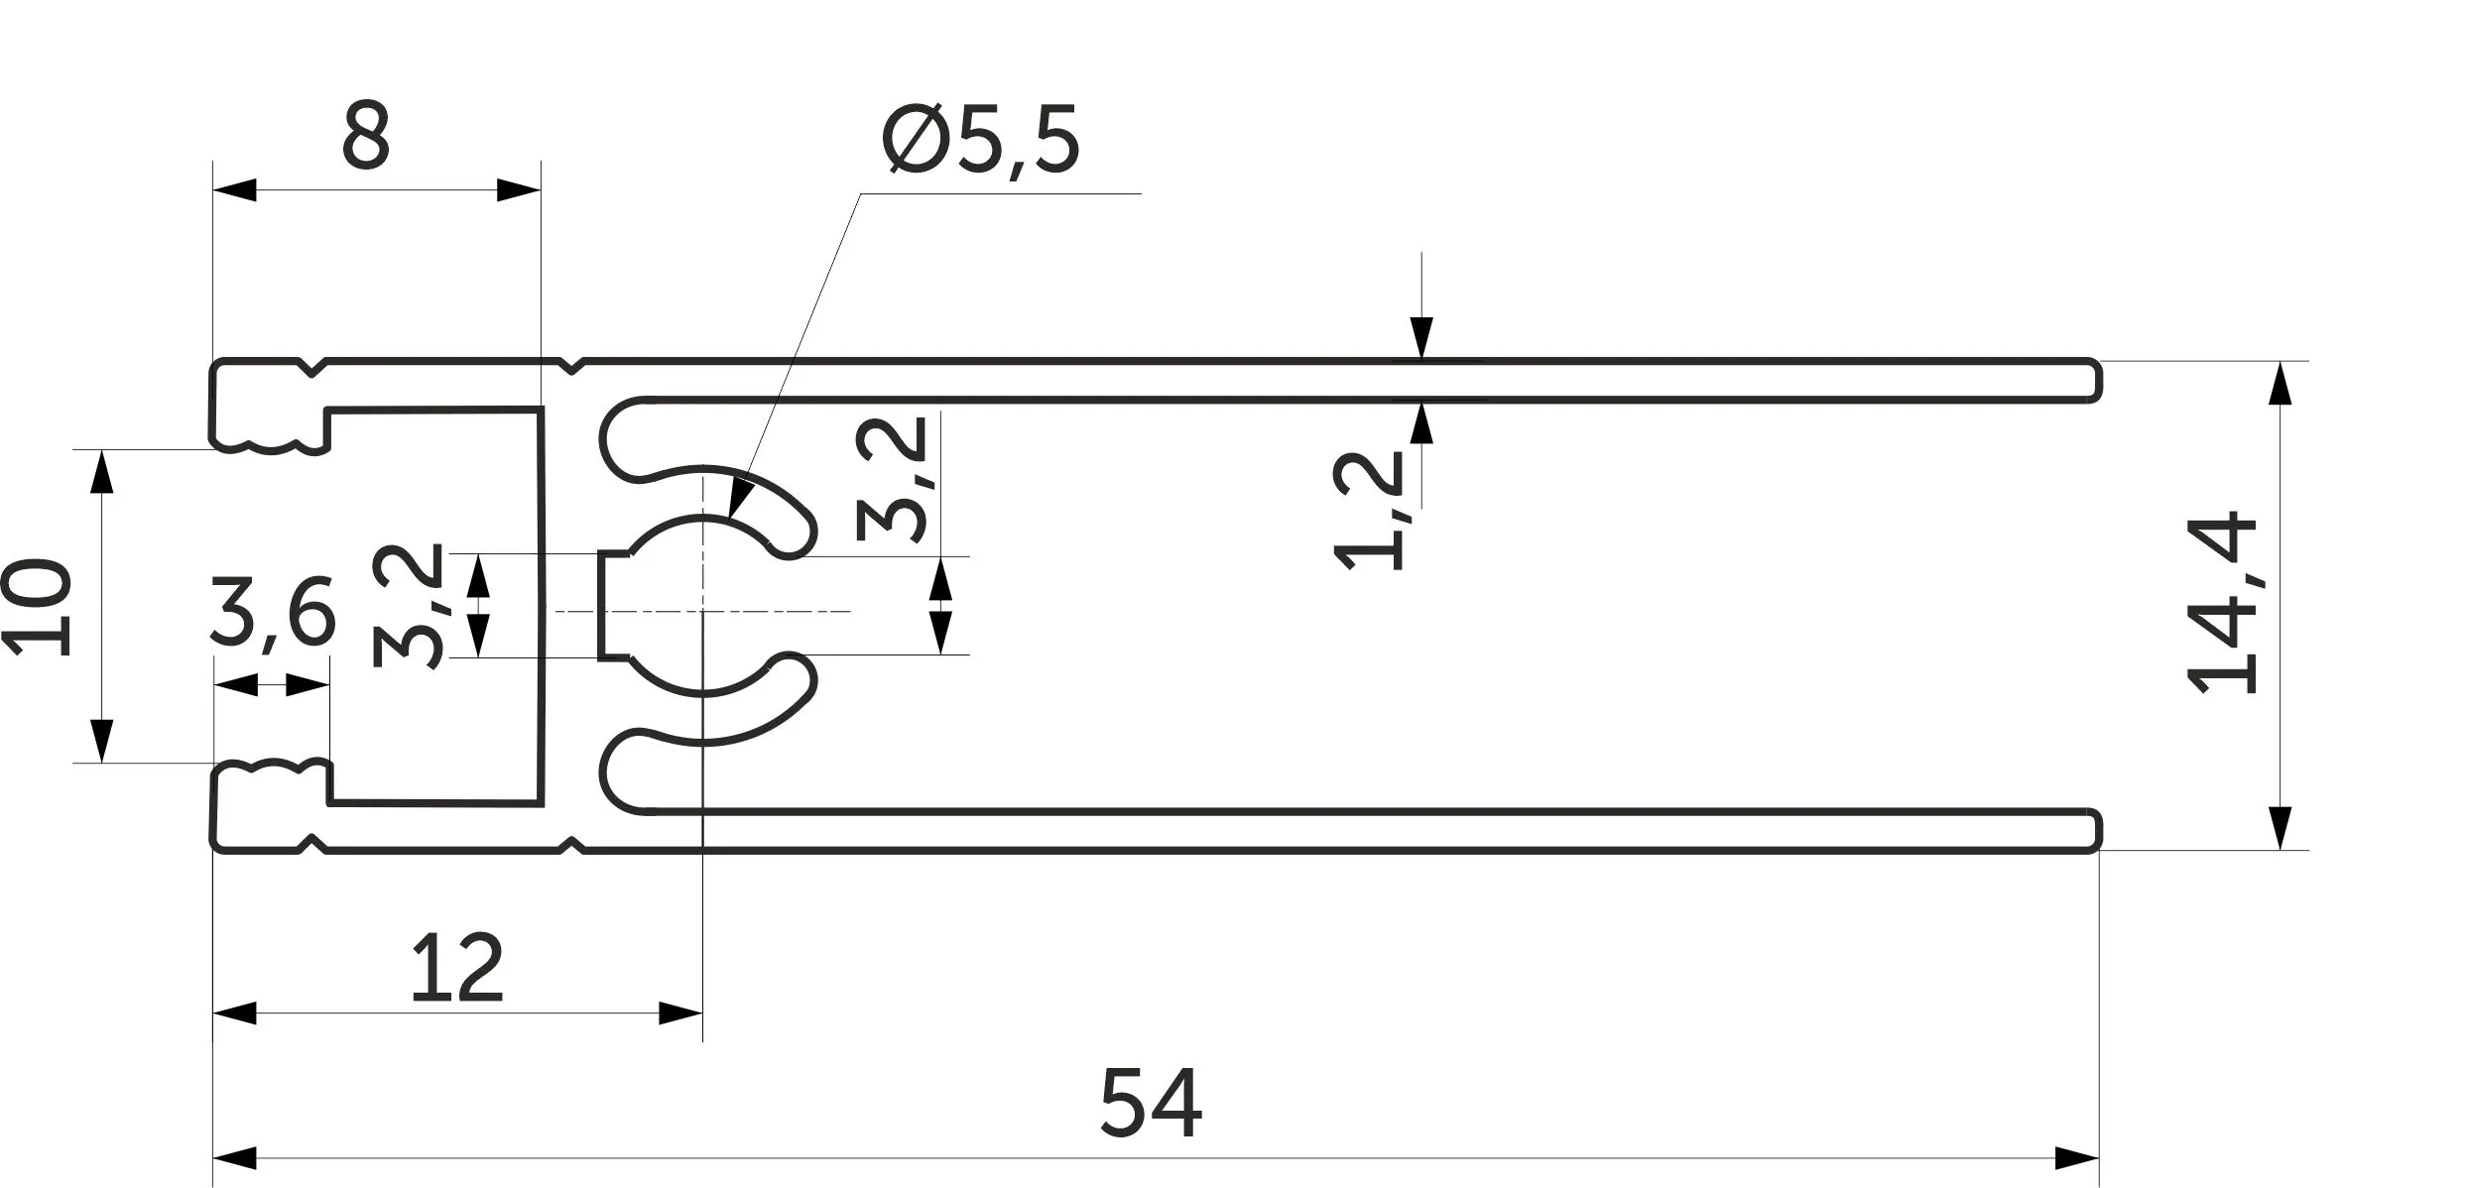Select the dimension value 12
pos(457,967)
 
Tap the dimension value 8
pos(366,135)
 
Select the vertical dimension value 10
pos(37,608)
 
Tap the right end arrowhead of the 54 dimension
pos(2077,1158)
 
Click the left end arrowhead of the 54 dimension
pos(236,1158)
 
